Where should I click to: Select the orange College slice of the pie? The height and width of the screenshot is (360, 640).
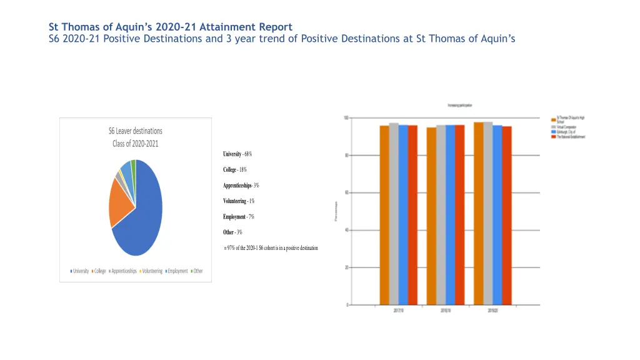click(x=121, y=202)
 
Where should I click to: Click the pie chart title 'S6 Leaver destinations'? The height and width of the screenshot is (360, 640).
click(x=136, y=131)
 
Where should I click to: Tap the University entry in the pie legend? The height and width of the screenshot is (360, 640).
click(x=79, y=271)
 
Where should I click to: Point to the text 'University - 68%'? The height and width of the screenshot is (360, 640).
click(x=237, y=154)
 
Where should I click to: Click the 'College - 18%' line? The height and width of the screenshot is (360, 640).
click(x=235, y=170)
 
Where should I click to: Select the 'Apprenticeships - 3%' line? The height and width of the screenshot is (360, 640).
click(x=241, y=186)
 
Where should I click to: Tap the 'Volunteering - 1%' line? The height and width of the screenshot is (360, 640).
click(x=239, y=201)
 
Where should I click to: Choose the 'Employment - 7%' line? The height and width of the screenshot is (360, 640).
click(x=239, y=217)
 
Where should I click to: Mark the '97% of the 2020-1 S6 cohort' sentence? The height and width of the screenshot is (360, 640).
click(x=271, y=248)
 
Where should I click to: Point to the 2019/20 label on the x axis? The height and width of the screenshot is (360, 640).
click(x=492, y=311)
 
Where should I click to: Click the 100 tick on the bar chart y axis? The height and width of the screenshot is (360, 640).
click(x=346, y=118)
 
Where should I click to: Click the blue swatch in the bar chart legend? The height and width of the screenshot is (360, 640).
click(x=553, y=132)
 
